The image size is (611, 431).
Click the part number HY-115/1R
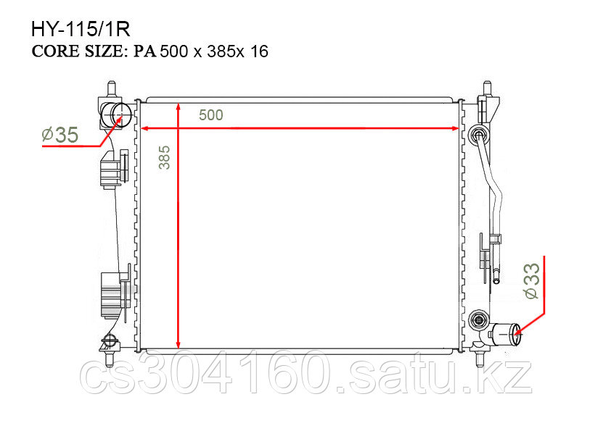click(x=81, y=29)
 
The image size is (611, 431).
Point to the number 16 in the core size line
click(x=259, y=51)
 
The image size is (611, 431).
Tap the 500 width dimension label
click(x=211, y=115)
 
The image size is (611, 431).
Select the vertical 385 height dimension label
click(x=165, y=157)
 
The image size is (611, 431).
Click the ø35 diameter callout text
click(x=60, y=135)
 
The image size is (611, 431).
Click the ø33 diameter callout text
click(x=532, y=280)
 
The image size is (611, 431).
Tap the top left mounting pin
click(x=112, y=88)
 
